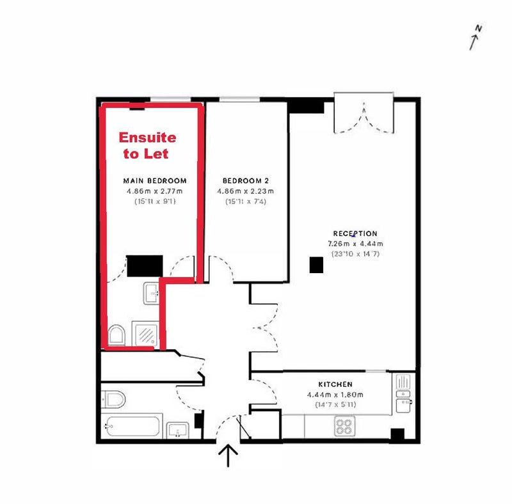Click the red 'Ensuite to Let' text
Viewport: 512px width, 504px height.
pyautogui.click(x=147, y=146)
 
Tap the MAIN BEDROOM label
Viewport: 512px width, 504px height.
pyautogui.click(x=155, y=181)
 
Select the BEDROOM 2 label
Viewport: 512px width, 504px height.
pyautogui.click(x=246, y=181)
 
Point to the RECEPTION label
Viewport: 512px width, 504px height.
pyautogui.click(x=355, y=233)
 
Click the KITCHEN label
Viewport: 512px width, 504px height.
pyautogui.click(x=335, y=384)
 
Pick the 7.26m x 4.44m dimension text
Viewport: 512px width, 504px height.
pyautogui.click(x=355, y=244)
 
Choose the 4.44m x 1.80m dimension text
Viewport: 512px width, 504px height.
pyautogui.click(x=335, y=395)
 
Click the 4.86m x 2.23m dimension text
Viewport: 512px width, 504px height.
pyautogui.click(x=246, y=191)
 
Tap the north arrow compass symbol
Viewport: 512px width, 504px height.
pyautogui.click(x=475, y=37)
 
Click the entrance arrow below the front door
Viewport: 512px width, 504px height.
pyautogui.click(x=228, y=455)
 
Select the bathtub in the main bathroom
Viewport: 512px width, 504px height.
pyautogui.click(x=133, y=427)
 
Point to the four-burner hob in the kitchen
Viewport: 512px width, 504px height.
pyautogui.click(x=344, y=426)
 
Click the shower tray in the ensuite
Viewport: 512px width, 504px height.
pyautogui.click(x=146, y=334)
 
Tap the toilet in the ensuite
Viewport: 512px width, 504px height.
pyautogui.click(x=116, y=335)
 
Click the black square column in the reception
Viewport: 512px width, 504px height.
pyautogui.click(x=316, y=265)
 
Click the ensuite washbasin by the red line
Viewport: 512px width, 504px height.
pyautogui.click(x=151, y=293)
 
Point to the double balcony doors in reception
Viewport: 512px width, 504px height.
pyautogui.click(x=364, y=118)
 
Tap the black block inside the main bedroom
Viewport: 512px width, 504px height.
pyautogui.click(x=145, y=265)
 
